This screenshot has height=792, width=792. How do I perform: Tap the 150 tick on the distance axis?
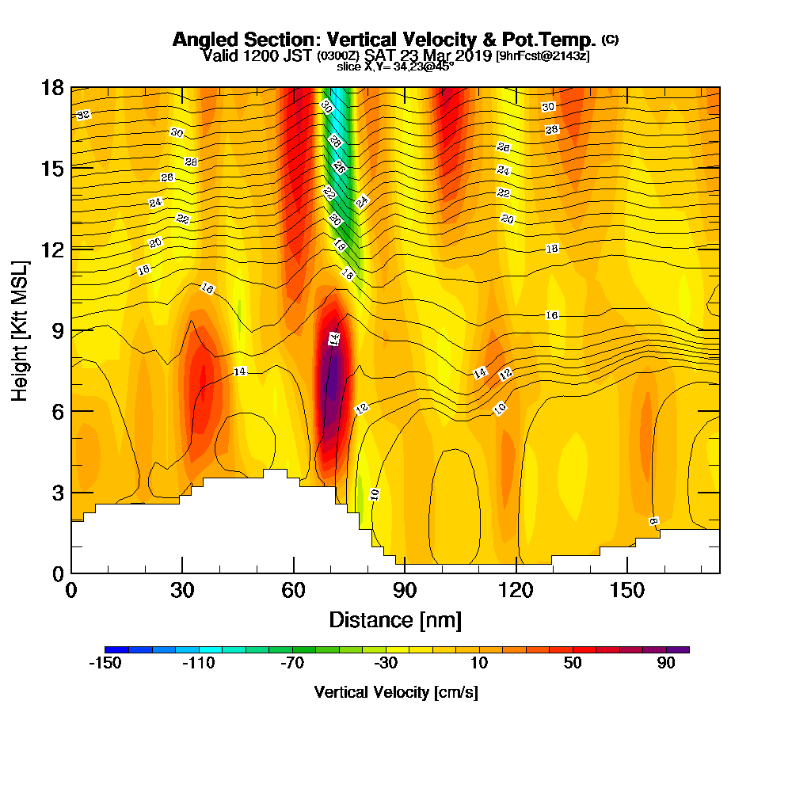point(626,590)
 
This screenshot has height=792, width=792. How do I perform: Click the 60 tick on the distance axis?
point(294,590)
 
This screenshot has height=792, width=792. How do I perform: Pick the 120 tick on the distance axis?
point(516,590)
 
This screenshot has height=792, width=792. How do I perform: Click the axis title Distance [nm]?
point(395,619)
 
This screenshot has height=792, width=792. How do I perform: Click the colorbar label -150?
point(105,664)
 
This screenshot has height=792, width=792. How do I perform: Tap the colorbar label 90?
point(665,664)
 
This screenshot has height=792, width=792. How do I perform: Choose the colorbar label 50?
point(572,664)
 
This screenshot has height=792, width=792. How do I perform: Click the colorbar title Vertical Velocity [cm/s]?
point(396,692)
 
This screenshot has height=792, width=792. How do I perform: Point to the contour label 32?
point(83,115)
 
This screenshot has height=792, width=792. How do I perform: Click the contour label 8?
point(653,521)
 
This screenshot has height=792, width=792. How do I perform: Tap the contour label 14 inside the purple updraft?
point(334,339)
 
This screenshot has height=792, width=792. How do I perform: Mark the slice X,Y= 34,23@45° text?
point(395,67)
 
